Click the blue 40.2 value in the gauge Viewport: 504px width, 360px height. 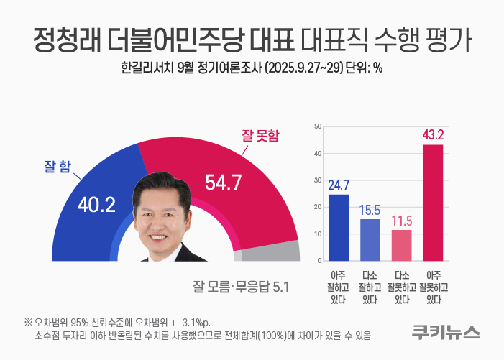pyautogui.click(x=96, y=205)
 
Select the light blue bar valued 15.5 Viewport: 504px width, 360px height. pyautogui.click(x=370, y=239)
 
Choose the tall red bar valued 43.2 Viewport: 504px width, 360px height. pyautogui.click(x=433, y=202)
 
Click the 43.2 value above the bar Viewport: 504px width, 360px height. pyautogui.click(x=433, y=134)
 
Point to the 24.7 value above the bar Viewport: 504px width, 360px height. pyautogui.click(x=339, y=185)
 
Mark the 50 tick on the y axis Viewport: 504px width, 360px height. pyautogui.click(x=317, y=126)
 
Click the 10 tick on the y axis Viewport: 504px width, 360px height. pyautogui.click(x=317, y=234)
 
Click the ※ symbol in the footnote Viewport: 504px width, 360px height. pyautogui.click(x=28, y=321)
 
